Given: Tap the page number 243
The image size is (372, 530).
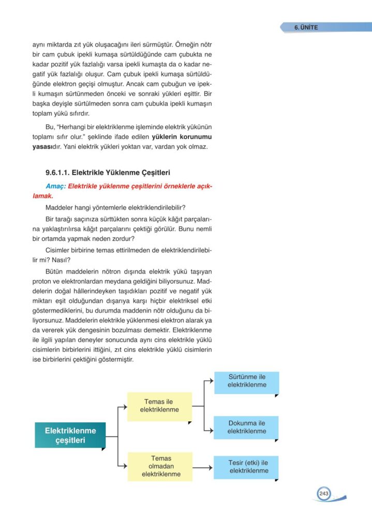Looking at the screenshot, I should tap(324, 494).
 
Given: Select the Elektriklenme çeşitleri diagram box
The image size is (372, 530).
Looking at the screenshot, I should tap(70, 435).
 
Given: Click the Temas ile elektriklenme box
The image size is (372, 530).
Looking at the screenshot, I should tap(159, 406).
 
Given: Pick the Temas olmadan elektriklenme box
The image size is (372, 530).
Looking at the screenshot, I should tap(160, 466).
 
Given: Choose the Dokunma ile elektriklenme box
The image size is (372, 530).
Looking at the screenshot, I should tap(247, 427).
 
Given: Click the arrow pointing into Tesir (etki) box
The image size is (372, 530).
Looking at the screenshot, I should tap(209, 467).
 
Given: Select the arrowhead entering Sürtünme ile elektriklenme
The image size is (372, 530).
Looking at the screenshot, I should tap(211, 380).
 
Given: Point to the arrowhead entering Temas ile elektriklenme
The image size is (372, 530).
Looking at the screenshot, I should tap(124, 406).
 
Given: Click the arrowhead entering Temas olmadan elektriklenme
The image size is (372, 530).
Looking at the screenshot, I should tap(124, 465).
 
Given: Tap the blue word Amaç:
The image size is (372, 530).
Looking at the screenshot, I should tap(56, 187).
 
